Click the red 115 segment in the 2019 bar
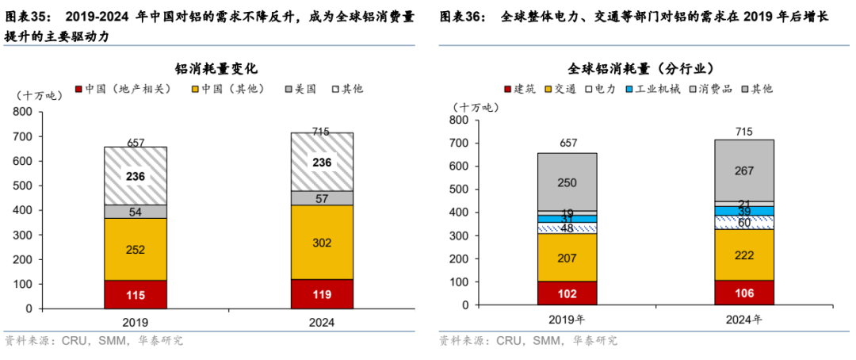[136, 294]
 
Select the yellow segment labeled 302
[322, 242]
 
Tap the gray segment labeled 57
[322, 198]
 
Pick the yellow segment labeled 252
[136, 249]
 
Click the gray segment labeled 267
[743, 170]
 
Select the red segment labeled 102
[567, 293]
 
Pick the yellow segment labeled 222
[743, 255]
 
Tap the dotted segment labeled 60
[743, 222]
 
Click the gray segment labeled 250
[567, 182]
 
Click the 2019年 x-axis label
[567, 320]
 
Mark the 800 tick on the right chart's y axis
[458, 121]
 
